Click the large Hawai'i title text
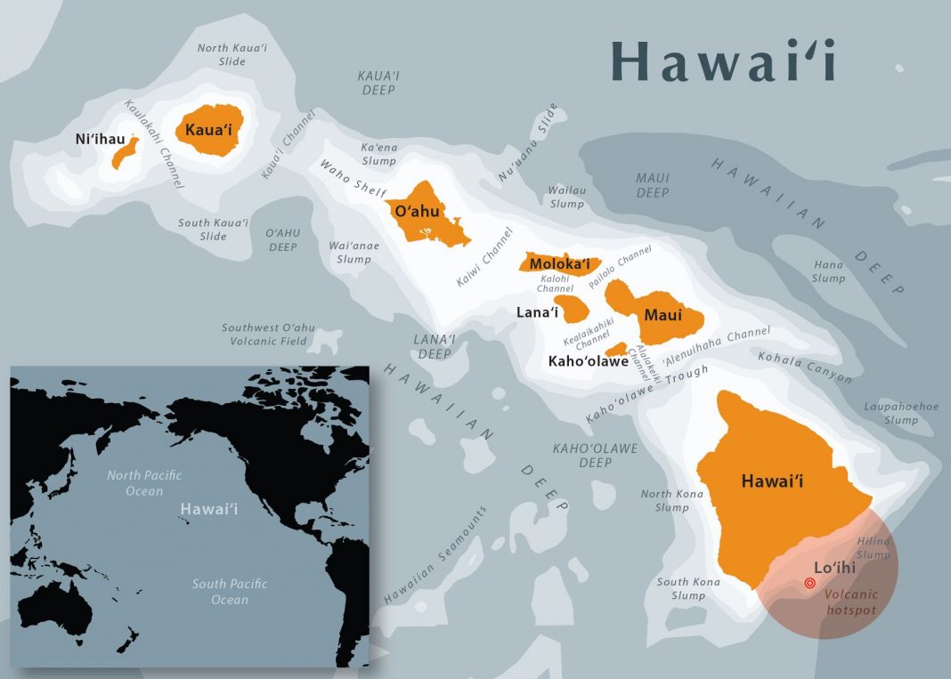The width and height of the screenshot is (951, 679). (x=723, y=61)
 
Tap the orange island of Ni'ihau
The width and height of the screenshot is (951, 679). (x=125, y=152)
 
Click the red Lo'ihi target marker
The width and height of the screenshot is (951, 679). (x=809, y=584)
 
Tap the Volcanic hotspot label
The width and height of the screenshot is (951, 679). (x=850, y=602)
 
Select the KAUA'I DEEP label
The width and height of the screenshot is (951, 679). (x=378, y=84)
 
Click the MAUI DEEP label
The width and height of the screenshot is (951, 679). (x=652, y=185)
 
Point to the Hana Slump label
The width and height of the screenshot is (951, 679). (x=828, y=271)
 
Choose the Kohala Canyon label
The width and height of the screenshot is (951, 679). (x=804, y=367)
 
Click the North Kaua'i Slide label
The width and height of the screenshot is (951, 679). (x=232, y=54)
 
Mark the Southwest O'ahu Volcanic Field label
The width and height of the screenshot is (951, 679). (x=264, y=335)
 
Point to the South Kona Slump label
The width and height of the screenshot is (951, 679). (x=687, y=588)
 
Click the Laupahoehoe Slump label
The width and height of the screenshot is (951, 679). (x=901, y=413)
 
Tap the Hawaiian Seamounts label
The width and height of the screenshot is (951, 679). (x=435, y=556)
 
